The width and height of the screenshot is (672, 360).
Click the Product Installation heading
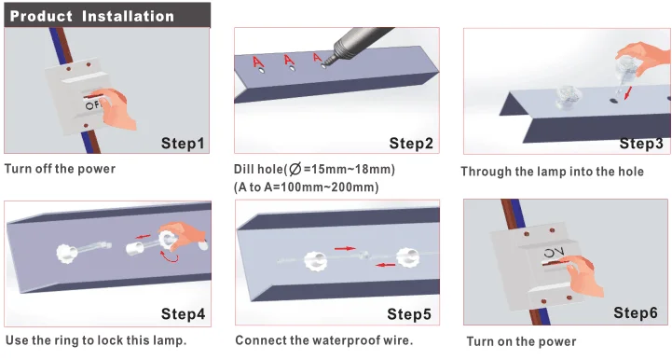point(91,16)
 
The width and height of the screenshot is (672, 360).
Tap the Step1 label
point(183,144)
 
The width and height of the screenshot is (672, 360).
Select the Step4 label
point(183,313)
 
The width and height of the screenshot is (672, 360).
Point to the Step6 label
point(635,312)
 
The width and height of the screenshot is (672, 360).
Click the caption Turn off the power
point(60,169)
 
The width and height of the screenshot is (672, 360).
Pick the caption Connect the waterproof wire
point(324,340)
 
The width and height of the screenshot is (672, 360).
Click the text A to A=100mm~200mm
point(306,187)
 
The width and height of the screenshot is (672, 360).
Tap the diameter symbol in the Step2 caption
point(295,169)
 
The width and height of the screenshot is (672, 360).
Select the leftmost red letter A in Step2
point(257,62)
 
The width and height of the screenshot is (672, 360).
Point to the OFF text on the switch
point(91,104)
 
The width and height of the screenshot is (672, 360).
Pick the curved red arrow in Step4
point(170,256)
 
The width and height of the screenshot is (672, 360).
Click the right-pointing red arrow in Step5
point(345,248)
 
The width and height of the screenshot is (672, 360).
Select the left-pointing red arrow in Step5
point(385,265)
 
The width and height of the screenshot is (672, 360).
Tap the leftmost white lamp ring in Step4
point(66,253)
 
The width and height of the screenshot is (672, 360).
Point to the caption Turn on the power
point(521,341)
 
